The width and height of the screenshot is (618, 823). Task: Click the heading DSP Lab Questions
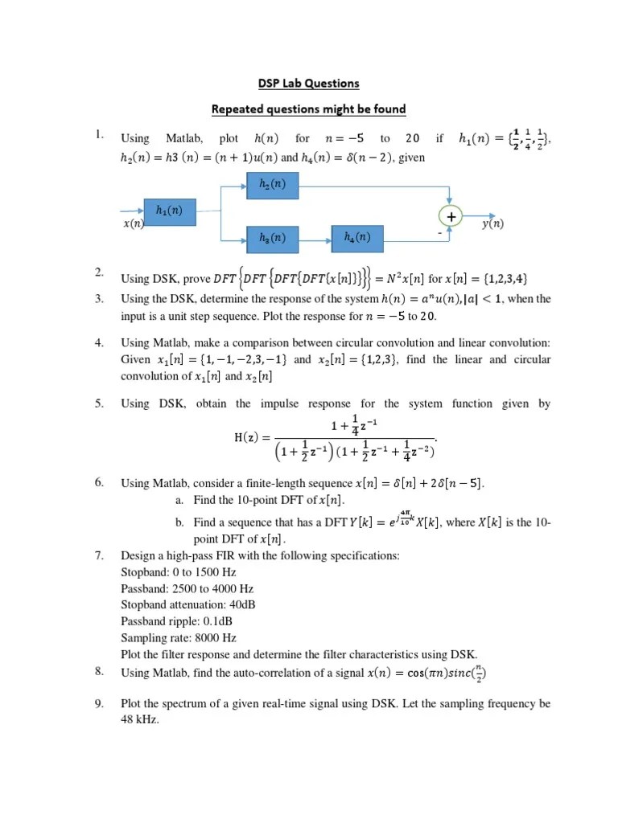click(x=308, y=83)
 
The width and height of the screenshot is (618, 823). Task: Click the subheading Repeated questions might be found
click(x=308, y=109)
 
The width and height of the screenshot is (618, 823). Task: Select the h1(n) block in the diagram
click(x=169, y=211)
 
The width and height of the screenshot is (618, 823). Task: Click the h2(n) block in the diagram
click(x=272, y=186)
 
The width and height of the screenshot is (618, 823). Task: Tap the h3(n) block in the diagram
click(x=272, y=238)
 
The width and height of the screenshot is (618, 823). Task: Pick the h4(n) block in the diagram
click(x=357, y=237)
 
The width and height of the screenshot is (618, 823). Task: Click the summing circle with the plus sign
click(x=451, y=216)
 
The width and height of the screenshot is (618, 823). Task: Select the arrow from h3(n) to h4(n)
click(x=315, y=238)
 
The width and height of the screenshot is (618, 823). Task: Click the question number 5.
click(x=99, y=403)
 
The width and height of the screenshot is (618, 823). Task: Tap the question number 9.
click(x=99, y=703)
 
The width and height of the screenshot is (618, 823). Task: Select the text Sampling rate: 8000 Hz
click(x=178, y=637)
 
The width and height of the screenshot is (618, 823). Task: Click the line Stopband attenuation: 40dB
click(x=191, y=604)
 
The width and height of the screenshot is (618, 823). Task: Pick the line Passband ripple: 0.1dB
click(x=179, y=620)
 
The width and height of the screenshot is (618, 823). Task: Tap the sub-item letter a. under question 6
click(x=178, y=500)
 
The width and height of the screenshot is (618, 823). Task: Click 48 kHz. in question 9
click(x=140, y=721)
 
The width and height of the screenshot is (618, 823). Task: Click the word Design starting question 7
click(x=137, y=555)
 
